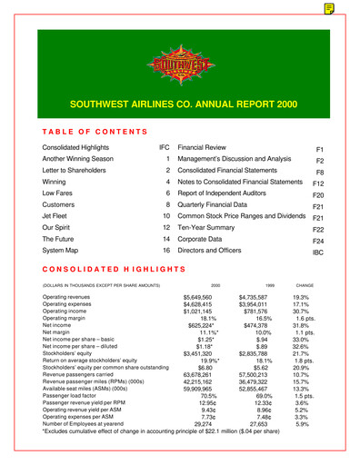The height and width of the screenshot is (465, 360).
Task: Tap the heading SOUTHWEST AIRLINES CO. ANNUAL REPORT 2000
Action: tap(180, 104)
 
